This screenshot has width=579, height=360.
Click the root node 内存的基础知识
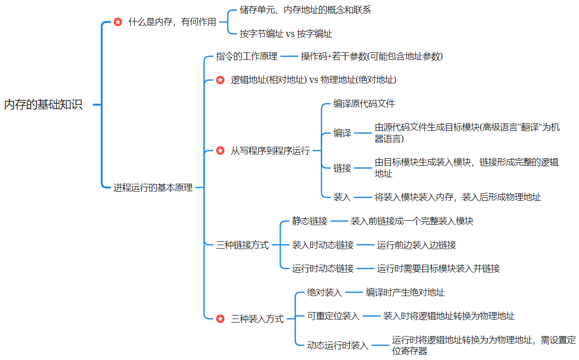43,105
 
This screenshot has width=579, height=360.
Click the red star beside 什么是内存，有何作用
118,22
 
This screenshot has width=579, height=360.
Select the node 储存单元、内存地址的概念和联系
305,10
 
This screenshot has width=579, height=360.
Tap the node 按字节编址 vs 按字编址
286,34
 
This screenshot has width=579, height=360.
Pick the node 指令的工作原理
246,56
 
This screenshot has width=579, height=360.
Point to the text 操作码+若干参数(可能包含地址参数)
372,56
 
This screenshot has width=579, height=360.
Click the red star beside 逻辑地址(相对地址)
220,80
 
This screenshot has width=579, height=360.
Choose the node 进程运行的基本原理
153,188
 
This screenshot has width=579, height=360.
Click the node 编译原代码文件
364,104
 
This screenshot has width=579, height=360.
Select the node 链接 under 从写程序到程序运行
342,168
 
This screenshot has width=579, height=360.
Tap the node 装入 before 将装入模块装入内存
342,197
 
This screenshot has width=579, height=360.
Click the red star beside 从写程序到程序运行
220,151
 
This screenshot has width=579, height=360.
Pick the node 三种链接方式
242,245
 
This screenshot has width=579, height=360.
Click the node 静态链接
310,221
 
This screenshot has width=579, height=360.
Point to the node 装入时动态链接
323,245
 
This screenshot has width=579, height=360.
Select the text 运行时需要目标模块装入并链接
438,269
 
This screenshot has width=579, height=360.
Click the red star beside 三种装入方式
220,319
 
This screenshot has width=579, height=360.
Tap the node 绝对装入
325,293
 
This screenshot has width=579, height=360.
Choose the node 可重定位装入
333,316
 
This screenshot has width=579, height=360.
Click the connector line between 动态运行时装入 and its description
380,345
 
